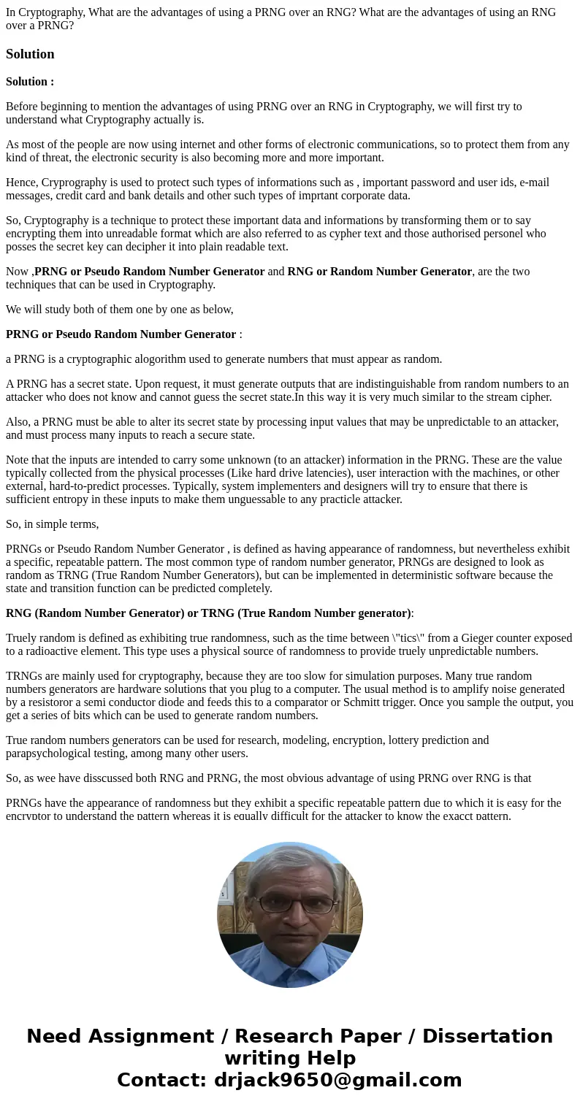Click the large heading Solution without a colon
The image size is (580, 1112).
30,54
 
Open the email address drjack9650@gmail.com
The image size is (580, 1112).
337,1081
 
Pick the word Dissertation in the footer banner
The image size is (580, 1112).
487,1037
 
